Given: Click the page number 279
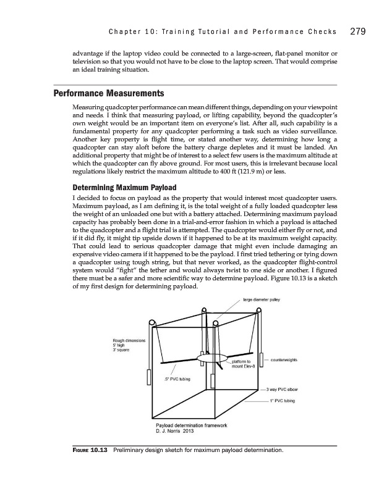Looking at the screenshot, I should click(360, 30).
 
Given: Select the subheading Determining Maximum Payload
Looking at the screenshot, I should click(126, 187).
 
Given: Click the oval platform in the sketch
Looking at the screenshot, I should click(212, 358).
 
